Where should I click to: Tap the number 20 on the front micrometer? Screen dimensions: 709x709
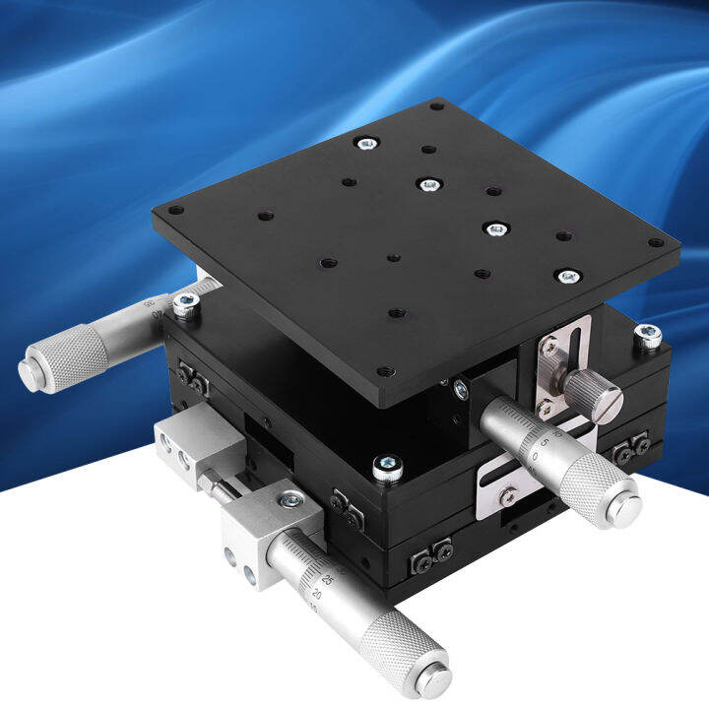point(317,595)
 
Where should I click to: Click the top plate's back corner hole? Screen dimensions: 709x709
point(435,104)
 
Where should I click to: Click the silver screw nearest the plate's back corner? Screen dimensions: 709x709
point(367,144)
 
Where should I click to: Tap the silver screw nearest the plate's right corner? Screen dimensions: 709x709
point(567,277)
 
